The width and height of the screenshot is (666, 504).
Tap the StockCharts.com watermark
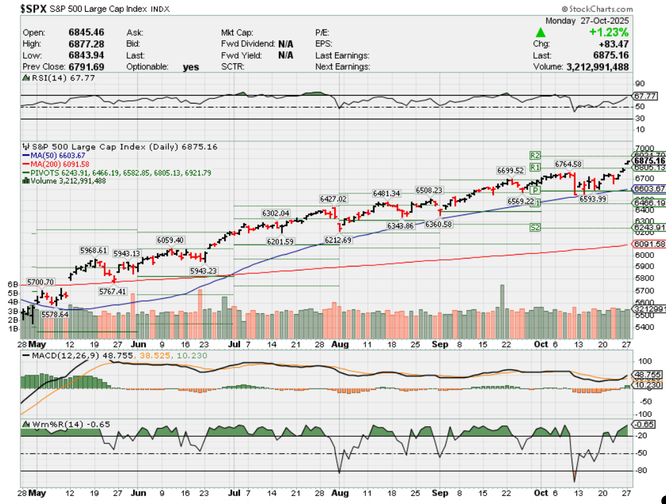pyautogui.click(x=596, y=9)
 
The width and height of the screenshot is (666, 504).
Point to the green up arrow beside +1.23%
pyautogui.click(x=540, y=32)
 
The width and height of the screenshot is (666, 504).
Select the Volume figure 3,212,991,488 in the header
pyautogui.click(x=596, y=67)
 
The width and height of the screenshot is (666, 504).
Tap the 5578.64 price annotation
pyautogui.click(x=55, y=315)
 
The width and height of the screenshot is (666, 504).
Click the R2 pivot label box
pyautogui.click(x=535, y=155)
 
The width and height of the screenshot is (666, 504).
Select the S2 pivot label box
pyautogui.click(x=535, y=228)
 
